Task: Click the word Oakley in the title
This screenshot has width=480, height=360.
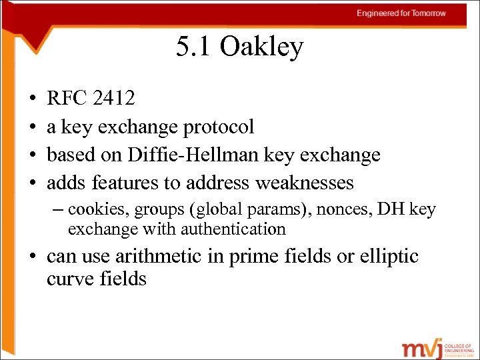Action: click(x=262, y=47)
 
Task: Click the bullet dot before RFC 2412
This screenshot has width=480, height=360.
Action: click(x=32, y=99)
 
